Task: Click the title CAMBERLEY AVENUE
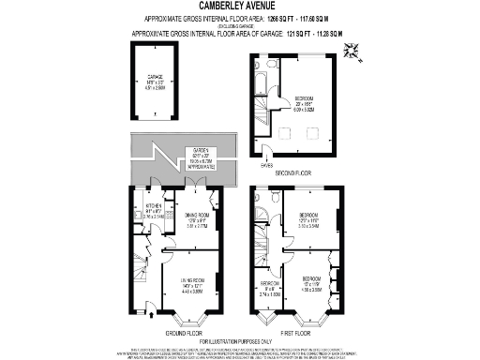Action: click(239, 7)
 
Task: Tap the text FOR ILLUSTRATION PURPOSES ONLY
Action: click(239, 339)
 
